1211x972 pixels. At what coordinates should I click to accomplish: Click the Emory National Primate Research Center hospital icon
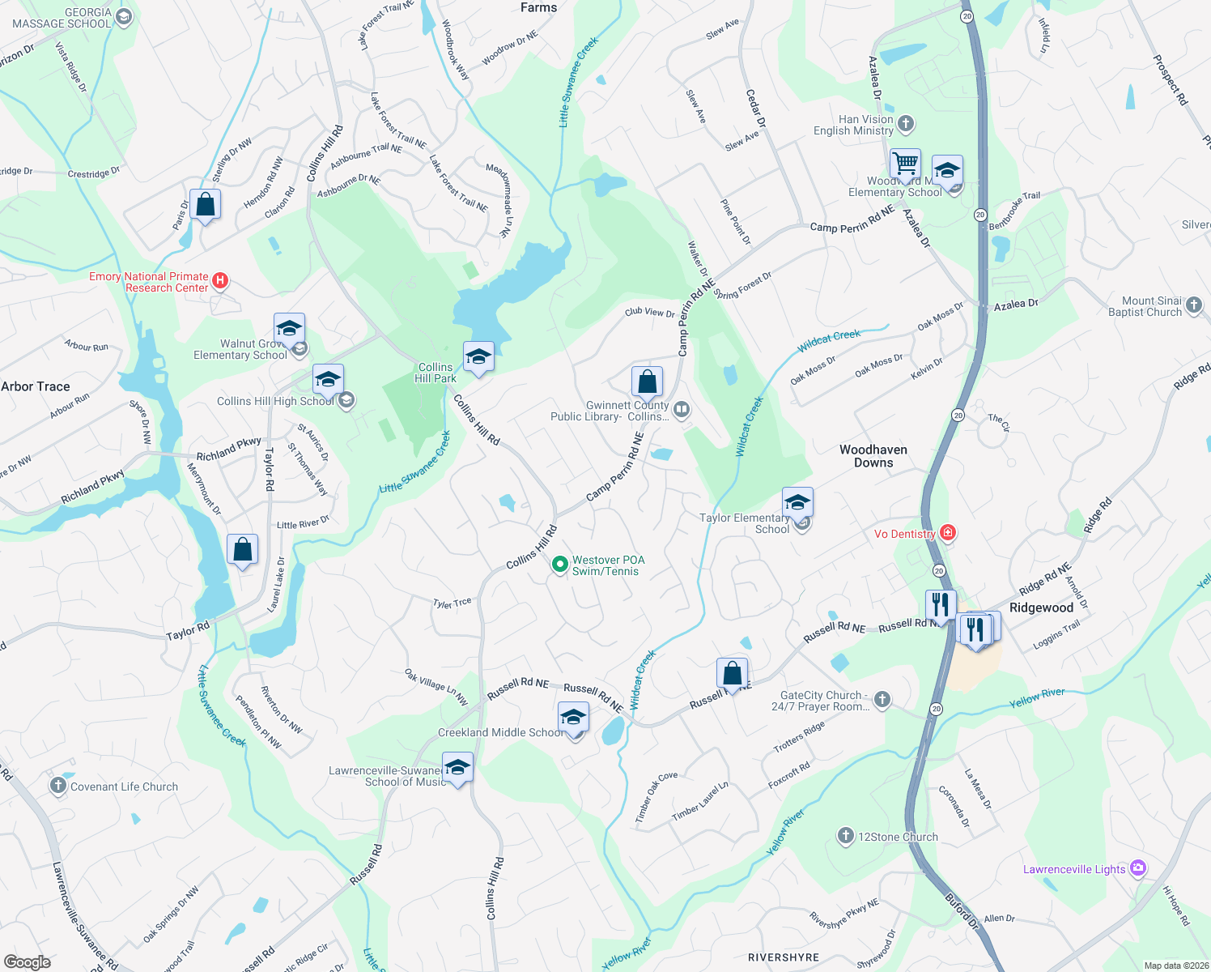(x=220, y=281)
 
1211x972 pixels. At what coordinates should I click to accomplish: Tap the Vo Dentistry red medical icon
(x=948, y=533)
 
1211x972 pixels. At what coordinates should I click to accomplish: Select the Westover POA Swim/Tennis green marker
(x=559, y=565)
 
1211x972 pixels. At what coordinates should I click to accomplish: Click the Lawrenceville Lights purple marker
(x=1138, y=868)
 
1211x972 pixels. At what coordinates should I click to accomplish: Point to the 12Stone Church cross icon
(x=846, y=836)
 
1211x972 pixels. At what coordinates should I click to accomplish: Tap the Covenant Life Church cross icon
(x=58, y=786)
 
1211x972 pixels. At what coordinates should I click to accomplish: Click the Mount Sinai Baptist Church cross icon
(x=1194, y=305)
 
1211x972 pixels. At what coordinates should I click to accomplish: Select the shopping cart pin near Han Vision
(x=905, y=164)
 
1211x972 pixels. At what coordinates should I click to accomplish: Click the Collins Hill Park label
(x=436, y=373)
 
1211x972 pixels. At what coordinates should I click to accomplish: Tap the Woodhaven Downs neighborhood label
(x=873, y=456)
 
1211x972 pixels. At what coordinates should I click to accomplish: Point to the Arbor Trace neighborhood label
(x=36, y=386)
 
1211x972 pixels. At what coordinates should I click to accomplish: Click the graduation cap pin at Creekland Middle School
(x=573, y=717)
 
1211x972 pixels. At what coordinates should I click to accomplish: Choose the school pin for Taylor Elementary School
(x=797, y=503)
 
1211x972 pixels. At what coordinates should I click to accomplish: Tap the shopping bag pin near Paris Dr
(x=206, y=204)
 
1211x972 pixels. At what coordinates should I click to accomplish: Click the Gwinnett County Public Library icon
(x=682, y=410)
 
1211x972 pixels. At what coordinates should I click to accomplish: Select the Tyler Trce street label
(x=452, y=603)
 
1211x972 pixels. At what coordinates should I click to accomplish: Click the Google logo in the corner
(x=27, y=961)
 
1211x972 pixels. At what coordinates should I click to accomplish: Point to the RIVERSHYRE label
(x=783, y=957)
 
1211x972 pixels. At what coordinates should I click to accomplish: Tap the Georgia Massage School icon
(x=124, y=17)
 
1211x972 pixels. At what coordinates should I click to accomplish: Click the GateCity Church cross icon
(x=882, y=699)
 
